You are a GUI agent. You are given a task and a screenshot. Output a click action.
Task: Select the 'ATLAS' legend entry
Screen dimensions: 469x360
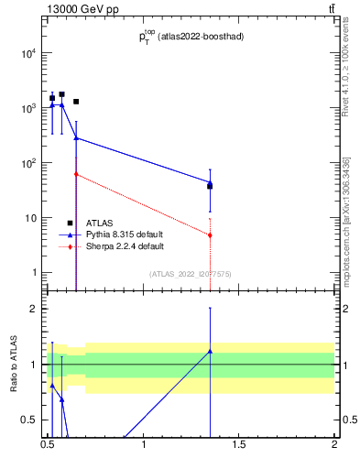pos(100,223)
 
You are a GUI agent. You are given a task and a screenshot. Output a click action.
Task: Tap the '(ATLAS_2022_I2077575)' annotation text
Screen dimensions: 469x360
pos(191,274)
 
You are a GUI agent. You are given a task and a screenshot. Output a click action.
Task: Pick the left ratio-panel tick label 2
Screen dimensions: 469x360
pos(33,309)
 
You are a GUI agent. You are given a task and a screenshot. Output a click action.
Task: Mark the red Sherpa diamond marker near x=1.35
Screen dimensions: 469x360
pos(210,235)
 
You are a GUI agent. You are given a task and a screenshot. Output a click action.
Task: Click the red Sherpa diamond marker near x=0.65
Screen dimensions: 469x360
pos(76,174)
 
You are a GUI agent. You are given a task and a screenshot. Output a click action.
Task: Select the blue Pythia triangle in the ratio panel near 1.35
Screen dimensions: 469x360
pos(210,351)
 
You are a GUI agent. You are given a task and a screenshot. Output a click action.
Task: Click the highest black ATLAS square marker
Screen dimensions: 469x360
pos(61,94)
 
